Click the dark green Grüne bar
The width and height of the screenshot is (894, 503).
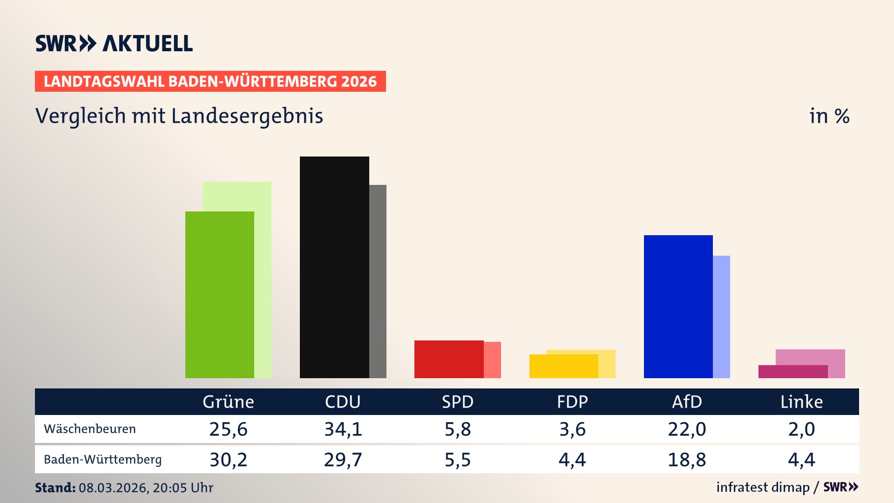click(220, 294)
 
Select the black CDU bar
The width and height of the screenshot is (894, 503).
click(334, 267)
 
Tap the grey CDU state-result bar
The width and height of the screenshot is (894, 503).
click(378, 281)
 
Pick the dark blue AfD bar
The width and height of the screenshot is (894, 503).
click(678, 306)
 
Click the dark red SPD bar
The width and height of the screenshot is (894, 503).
click(449, 359)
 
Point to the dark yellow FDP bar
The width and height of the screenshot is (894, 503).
click(563, 366)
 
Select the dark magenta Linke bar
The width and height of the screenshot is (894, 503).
click(792, 372)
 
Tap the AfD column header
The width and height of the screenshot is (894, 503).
click(687, 401)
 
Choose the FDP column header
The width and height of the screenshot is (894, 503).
click(572, 401)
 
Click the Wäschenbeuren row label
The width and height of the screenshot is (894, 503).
click(90, 429)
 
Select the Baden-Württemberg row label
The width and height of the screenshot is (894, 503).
click(102, 460)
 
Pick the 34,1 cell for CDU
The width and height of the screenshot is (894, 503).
click(343, 429)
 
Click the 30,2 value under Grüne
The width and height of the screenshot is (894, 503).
click(228, 460)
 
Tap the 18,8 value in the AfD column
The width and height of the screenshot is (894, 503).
click(687, 460)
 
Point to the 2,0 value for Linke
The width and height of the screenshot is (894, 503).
click(801, 429)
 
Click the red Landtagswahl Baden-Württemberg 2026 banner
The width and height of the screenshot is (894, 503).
click(210, 81)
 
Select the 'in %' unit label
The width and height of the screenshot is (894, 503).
click(829, 116)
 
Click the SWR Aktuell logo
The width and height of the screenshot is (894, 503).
click(114, 43)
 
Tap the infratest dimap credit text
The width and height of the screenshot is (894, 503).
click(763, 487)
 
